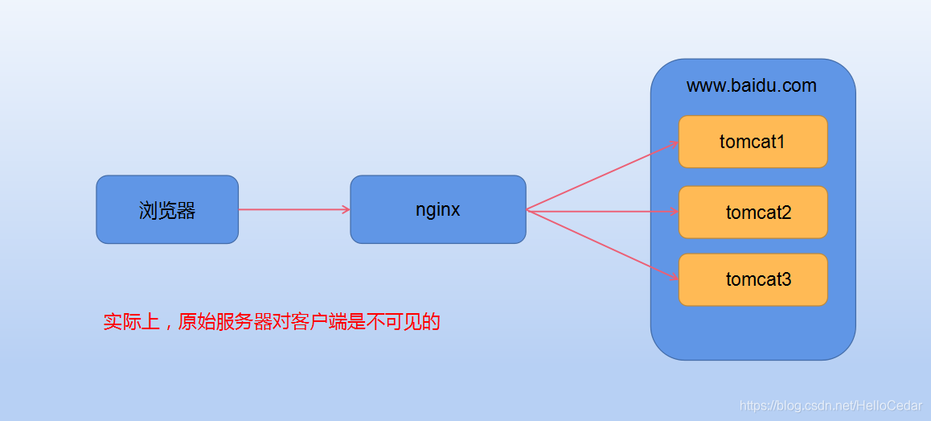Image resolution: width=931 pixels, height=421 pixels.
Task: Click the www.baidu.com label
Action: [751, 86]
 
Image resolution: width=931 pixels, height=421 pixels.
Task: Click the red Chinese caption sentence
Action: [272, 323]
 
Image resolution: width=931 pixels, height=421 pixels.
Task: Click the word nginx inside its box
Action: [438, 210]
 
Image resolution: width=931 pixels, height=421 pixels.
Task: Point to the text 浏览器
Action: [167, 211]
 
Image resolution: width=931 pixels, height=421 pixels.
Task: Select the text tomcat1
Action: [753, 142]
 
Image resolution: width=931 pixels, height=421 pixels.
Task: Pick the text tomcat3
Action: [758, 280]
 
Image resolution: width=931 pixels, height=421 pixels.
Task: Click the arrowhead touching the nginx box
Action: [346, 210]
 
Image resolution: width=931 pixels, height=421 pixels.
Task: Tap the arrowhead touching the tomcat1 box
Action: [674, 145]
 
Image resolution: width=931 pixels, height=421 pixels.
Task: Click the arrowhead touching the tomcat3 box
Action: [674, 278]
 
